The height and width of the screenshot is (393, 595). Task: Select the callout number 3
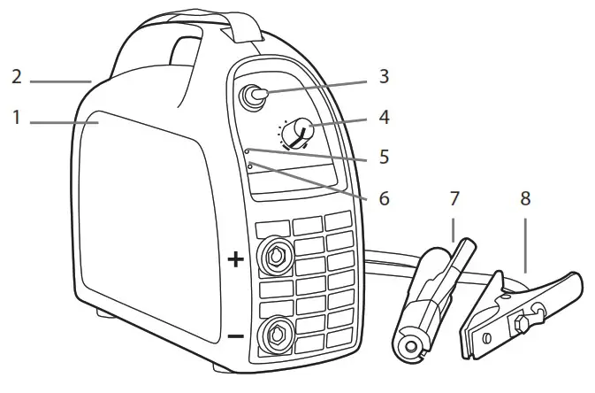pyautogui.click(x=383, y=76)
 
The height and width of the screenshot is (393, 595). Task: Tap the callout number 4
pyautogui.click(x=383, y=117)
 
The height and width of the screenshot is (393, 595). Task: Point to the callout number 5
pyautogui.click(x=383, y=158)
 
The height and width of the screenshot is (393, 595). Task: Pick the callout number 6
pyautogui.click(x=383, y=198)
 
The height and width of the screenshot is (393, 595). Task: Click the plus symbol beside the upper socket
pyautogui.click(x=235, y=259)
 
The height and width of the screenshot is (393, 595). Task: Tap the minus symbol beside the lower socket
pyautogui.click(x=235, y=337)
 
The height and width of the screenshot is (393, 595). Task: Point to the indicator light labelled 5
pyautogui.click(x=248, y=151)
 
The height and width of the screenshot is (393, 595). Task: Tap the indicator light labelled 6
pyautogui.click(x=250, y=166)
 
